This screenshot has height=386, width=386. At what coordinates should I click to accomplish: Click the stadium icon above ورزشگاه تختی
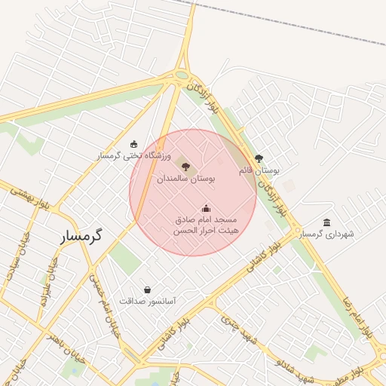134,144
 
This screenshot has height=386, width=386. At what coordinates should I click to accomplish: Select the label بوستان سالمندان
186,179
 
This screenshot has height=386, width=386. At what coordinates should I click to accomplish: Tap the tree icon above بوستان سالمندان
185,165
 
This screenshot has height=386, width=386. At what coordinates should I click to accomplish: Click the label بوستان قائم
259,171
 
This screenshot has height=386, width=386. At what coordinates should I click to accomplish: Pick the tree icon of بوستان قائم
259,158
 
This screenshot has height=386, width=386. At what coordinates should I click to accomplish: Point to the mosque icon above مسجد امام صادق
206,208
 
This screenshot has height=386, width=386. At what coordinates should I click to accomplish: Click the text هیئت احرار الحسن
207,229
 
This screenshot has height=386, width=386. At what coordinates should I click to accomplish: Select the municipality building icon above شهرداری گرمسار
326,222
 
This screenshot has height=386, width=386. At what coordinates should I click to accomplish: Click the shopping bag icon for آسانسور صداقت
146,289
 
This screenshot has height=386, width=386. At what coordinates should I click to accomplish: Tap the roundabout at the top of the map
182,74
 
